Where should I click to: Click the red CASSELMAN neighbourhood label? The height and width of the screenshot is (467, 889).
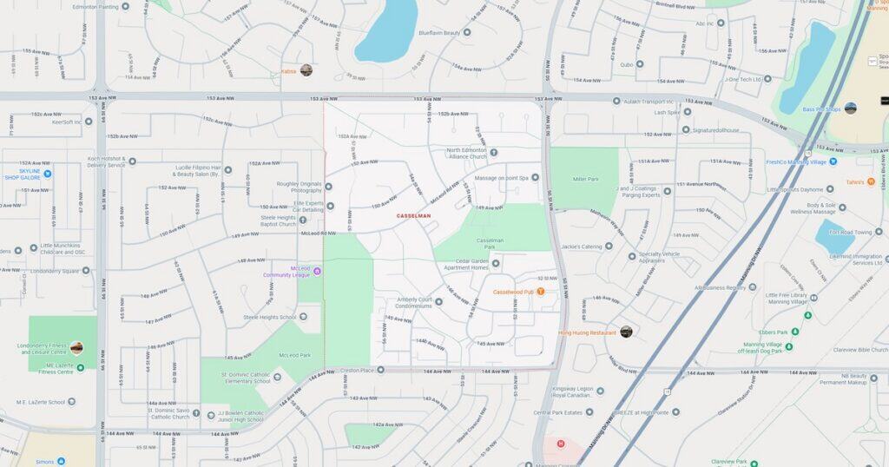(x=413, y=215)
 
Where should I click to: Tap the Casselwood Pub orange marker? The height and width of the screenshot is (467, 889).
(x=540, y=292)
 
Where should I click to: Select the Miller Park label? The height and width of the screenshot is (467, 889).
(x=586, y=179)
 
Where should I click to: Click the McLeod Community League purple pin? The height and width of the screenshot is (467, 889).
(x=317, y=271)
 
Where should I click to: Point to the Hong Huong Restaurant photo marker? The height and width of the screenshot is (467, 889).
(x=626, y=332)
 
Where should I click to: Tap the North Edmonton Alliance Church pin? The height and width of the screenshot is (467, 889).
(x=494, y=153)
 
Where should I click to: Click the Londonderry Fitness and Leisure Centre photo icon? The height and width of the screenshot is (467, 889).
(x=76, y=348)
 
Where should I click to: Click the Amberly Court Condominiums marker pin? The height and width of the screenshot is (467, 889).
(x=438, y=302)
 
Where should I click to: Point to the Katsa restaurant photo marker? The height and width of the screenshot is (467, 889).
(x=306, y=70)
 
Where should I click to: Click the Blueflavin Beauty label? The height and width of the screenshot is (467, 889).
(x=438, y=33)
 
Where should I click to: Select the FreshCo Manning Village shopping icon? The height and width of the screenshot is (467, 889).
(x=833, y=161)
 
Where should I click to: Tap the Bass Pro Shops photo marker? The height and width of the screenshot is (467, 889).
(x=850, y=109)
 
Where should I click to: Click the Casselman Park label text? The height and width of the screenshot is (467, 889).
(x=490, y=240)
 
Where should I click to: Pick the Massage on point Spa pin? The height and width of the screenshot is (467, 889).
(x=524, y=178)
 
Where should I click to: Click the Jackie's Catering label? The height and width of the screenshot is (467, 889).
(x=581, y=247)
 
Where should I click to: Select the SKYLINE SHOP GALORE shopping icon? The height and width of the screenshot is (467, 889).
(x=48, y=173)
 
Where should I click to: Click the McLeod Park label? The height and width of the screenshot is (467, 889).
(x=294, y=355)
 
